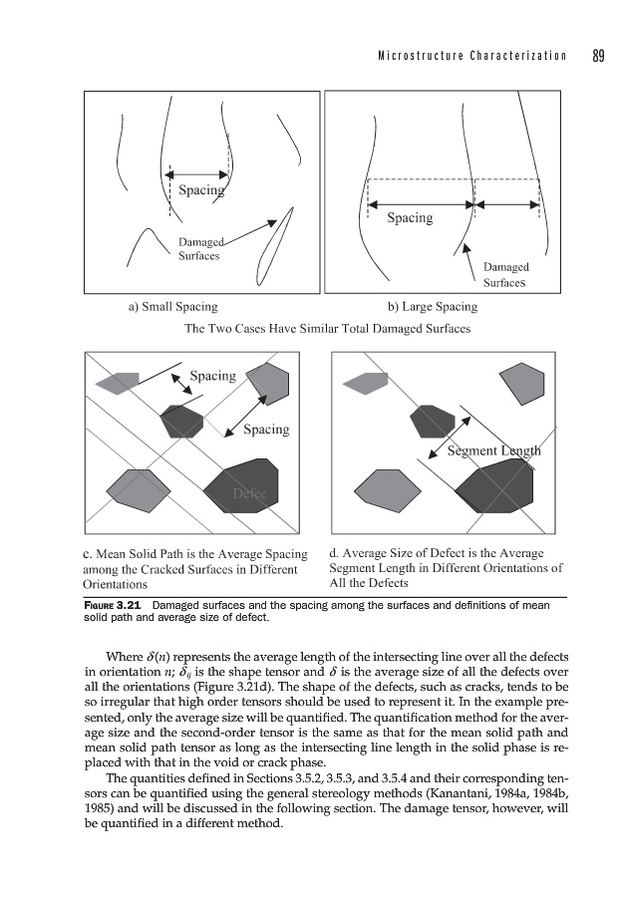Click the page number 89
(598, 55)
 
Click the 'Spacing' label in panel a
(200, 190)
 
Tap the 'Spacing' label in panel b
(410, 218)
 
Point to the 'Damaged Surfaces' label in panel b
(505, 274)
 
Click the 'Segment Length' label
(494, 450)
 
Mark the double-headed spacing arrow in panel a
(199, 170)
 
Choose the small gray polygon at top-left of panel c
(117, 382)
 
